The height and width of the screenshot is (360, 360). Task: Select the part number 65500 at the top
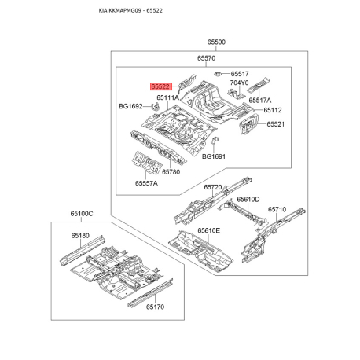click(x=216, y=42)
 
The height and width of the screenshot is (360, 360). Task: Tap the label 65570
click(x=206, y=59)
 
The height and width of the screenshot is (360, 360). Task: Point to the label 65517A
click(x=260, y=101)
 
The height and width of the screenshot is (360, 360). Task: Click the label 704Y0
click(x=239, y=83)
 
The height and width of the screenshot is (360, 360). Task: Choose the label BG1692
click(x=130, y=107)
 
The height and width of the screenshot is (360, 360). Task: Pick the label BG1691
click(x=213, y=156)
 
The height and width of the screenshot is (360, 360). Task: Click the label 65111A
click(x=167, y=98)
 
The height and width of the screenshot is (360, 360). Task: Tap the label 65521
click(x=275, y=124)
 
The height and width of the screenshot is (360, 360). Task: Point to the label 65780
click(x=171, y=172)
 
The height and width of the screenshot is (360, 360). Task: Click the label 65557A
click(x=146, y=183)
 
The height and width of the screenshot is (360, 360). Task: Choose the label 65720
click(x=213, y=188)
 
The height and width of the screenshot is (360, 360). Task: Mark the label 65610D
click(x=248, y=200)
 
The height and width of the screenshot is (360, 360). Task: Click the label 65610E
click(x=208, y=231)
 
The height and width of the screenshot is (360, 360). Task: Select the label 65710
click(x=277, y=210)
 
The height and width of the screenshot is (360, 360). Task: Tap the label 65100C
click(x=81, y=214)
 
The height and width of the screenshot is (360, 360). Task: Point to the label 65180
click(x=80, y=235)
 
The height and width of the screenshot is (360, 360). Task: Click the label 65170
click(x=155, y=307)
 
